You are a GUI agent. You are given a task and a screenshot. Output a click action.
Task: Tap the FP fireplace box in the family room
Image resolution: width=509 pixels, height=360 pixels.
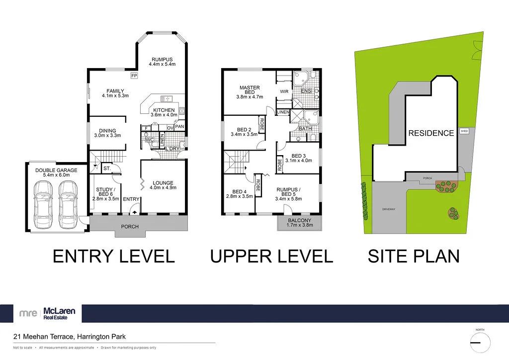(x=134, y=76)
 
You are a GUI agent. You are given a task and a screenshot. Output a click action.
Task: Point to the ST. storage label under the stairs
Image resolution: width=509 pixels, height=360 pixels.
(x=107, y=169)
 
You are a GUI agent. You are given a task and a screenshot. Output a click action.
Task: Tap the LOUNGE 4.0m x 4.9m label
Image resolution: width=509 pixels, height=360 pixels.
(x=163, y=185)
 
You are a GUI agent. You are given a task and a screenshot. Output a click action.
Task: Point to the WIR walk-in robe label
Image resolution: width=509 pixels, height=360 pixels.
(x=284, y=91)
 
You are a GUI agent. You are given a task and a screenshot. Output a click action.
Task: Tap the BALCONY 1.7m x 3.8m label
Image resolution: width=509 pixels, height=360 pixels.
(x=299, y=222)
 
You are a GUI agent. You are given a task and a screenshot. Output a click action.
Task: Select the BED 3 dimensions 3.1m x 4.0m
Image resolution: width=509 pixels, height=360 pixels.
(x=301, y=160)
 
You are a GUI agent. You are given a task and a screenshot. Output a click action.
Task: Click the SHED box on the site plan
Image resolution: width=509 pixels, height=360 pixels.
(x=464, y=131)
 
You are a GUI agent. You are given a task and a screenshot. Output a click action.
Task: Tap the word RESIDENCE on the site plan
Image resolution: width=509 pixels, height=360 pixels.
(x=431, y=133)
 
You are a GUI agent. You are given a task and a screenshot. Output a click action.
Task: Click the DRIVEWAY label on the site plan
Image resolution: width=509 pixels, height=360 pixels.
(x=389, y=209)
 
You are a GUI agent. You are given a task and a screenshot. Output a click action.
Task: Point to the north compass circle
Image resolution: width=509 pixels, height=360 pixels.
(x=480, y=342)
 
